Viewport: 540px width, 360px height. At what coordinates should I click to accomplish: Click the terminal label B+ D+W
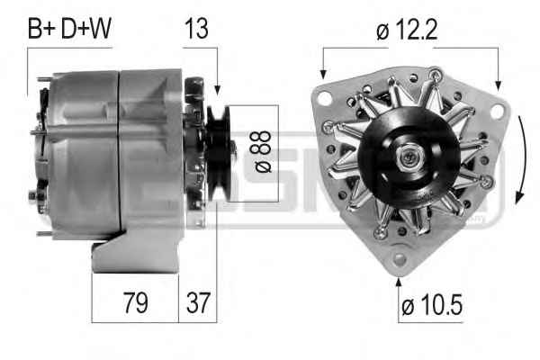[69, 28]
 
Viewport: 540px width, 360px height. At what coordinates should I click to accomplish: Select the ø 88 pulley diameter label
[263, 151]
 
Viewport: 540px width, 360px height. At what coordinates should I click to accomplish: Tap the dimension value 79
[136, 302]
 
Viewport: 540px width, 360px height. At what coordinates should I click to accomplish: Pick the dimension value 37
[198, 302]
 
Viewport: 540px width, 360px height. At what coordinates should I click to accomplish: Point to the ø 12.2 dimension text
[407, 30]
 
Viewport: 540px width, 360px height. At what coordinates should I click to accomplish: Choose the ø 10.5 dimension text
[432, 305]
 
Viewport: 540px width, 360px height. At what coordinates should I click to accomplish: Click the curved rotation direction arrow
[522, 159]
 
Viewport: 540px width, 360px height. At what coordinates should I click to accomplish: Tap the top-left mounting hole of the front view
[324, 98]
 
